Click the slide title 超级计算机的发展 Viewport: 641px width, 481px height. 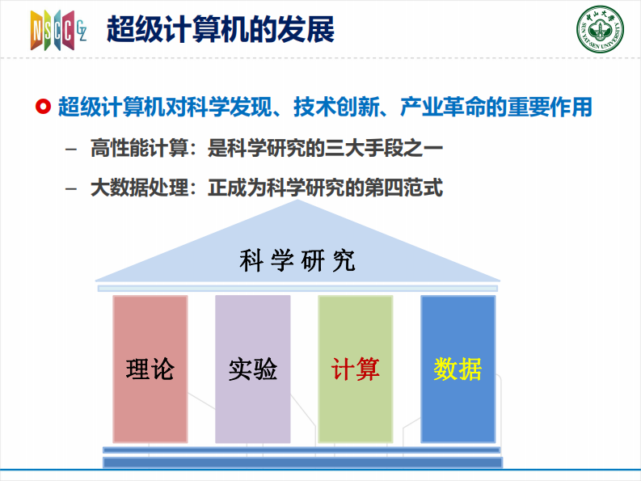pos(221,30)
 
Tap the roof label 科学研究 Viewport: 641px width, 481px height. pos(298,261)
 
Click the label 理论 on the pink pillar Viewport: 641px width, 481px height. pos(150,369)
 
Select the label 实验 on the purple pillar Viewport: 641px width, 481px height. pos(252,369)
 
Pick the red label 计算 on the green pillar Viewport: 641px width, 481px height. pos(355,369)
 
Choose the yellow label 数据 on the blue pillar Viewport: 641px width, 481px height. pos(458,369)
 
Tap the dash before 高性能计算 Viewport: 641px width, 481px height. pos(74,150)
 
